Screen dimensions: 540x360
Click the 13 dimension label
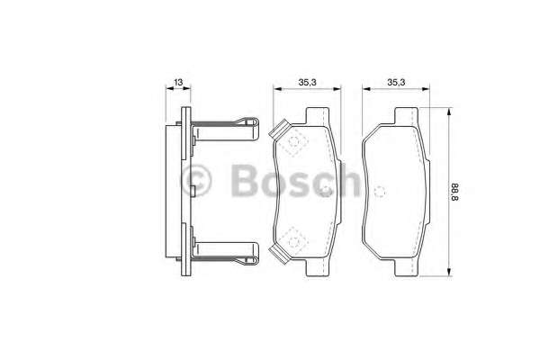pos(178,82)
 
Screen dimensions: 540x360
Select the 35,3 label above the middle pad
pos(307,82)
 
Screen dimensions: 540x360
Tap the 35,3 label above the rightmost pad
pos(396,82)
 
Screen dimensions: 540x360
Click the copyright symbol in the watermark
pos(196,180)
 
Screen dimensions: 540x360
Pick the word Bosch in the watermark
pos(296,180)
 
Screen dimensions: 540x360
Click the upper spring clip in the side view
pos(225,130)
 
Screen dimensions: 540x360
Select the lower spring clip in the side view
pos(225,254)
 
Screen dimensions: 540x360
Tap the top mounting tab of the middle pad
pos(317,116)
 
